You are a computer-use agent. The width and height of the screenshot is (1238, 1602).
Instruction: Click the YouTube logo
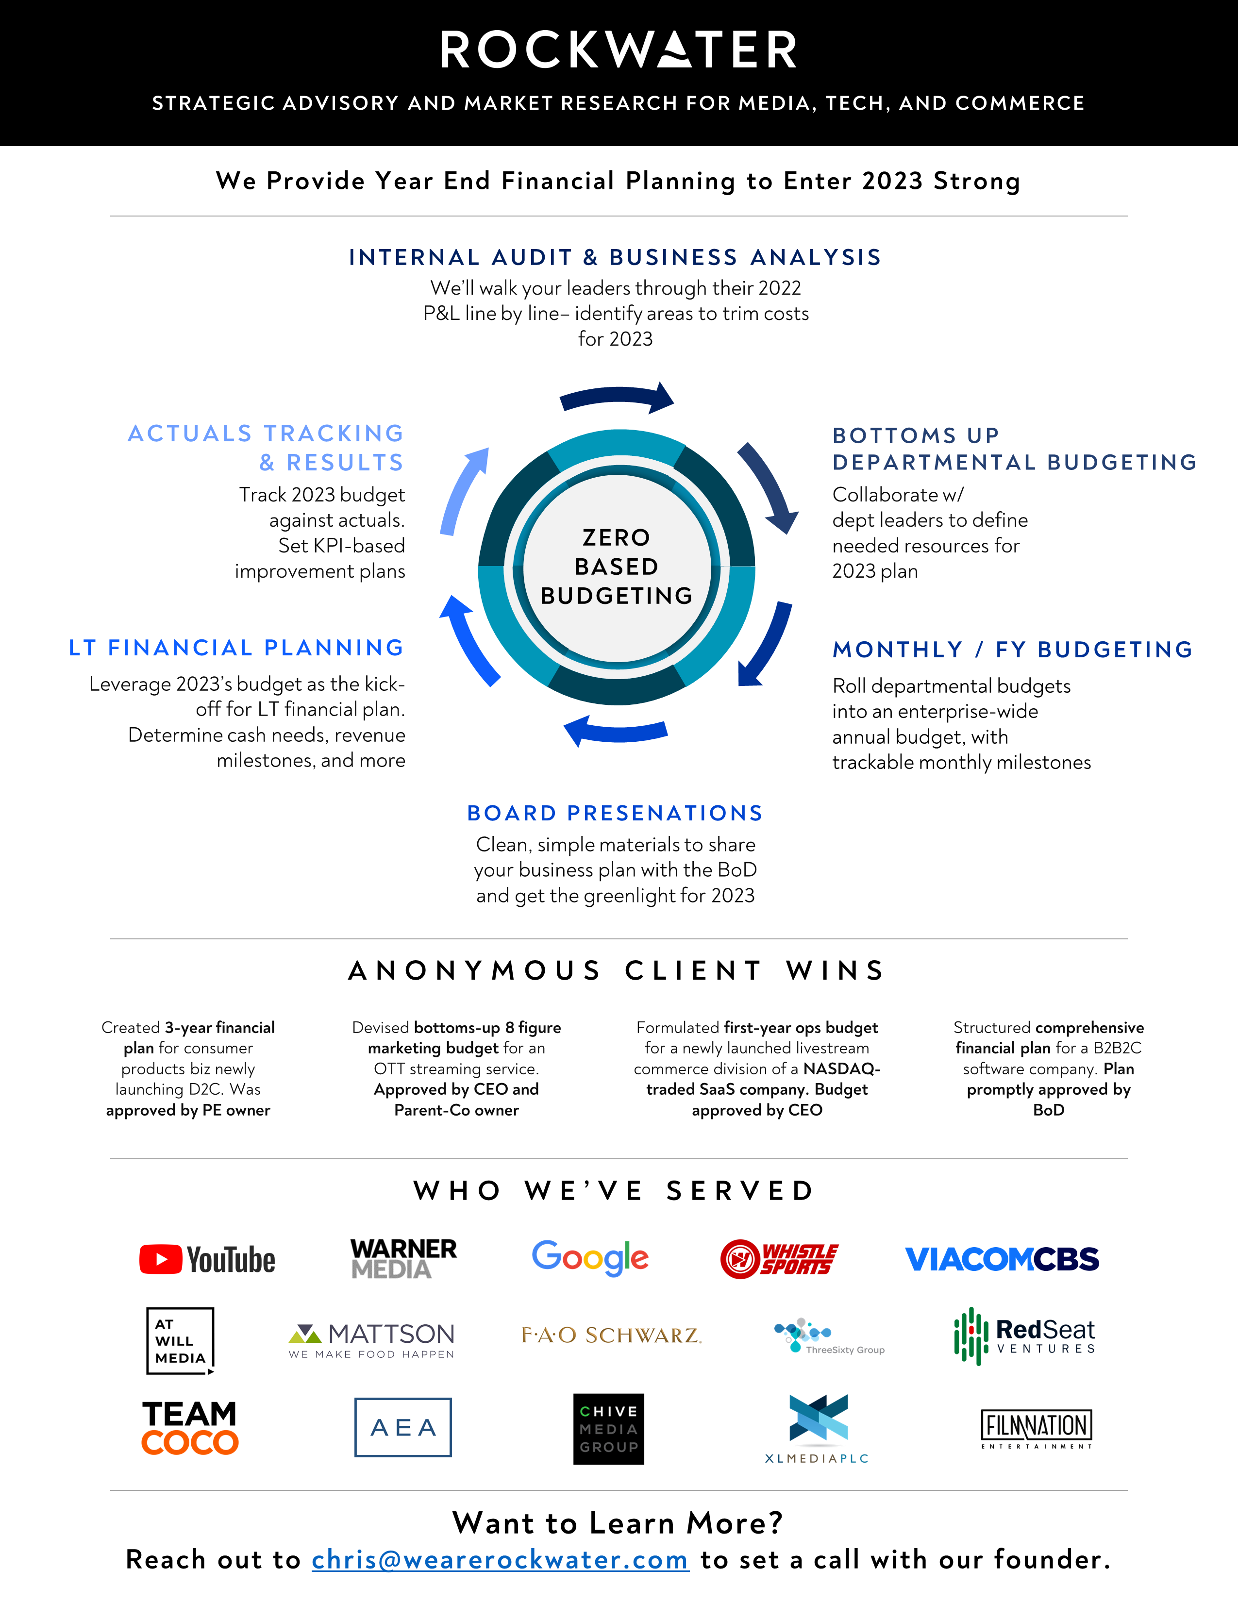click(208, 1259)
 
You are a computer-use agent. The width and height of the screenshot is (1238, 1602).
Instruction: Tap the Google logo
click(590, 1258)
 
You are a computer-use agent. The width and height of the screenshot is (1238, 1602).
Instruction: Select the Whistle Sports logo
click(779, 1259)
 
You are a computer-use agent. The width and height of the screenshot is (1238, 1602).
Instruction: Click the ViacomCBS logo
click(1002, 1259)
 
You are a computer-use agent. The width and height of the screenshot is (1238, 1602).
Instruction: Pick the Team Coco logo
click(190, 1427)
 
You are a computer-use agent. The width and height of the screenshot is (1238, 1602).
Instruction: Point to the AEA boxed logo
click(402, 1427)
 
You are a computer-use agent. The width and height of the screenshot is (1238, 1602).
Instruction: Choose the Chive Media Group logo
click(609, 1429)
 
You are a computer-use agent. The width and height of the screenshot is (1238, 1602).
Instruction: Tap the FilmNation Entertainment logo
click(1037, 1427)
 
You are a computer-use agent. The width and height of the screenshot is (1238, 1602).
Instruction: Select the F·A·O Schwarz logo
click(611, 1335)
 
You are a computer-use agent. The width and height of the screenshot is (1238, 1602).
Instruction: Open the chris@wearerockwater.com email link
click(500, 1559)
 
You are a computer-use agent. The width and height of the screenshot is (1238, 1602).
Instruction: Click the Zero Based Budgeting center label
click(617, 566)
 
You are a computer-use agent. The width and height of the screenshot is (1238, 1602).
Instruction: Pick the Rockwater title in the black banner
click(618, 50)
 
